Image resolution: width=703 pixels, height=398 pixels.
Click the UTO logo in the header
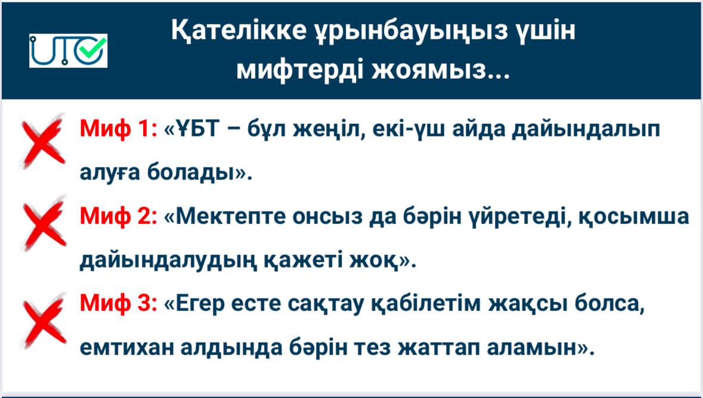pos(68,51)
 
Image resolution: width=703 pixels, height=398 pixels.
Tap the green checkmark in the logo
pos(95,48)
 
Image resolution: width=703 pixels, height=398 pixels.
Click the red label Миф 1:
pos(119,129)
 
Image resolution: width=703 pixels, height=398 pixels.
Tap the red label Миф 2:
pos(119,216)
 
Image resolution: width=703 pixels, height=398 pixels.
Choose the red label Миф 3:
pos(119,303)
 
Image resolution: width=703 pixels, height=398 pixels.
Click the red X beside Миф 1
pos(43,140)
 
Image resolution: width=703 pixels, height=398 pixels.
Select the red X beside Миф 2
pos(44,224)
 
